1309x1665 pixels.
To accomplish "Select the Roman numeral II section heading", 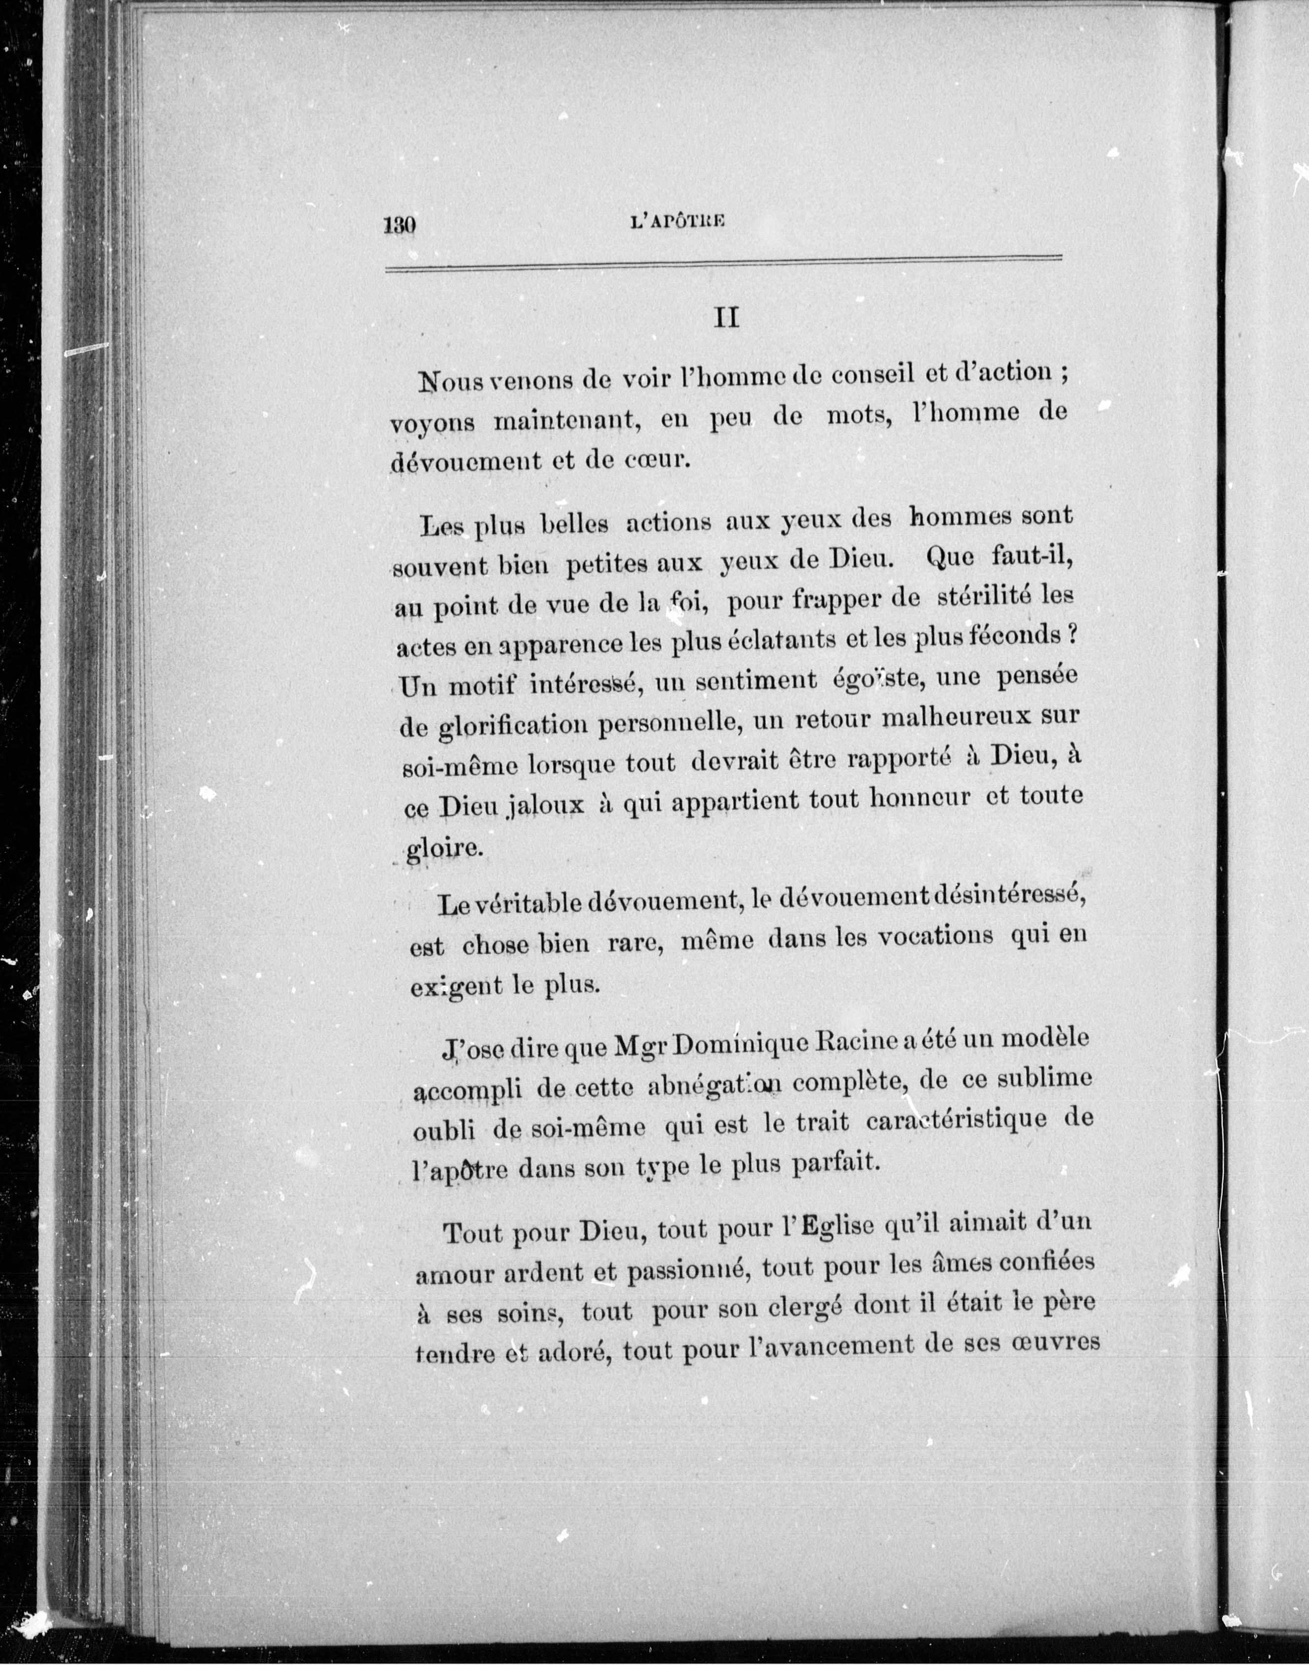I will pos(726,317).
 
